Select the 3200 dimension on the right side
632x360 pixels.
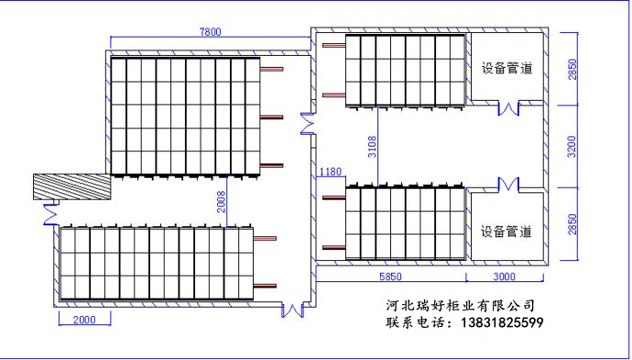coord(572,147)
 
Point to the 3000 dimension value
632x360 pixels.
coord(505,276)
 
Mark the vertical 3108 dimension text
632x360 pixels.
coord(371,147)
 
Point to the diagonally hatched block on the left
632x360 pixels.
coord(71,187)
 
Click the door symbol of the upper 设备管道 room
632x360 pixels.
coord(508,107)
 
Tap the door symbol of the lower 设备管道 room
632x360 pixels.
coord(508,185)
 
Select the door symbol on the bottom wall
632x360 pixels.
coord(293,310)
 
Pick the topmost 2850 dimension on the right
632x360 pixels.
coord(572,68)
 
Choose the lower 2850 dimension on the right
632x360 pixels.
coord(572,225)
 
